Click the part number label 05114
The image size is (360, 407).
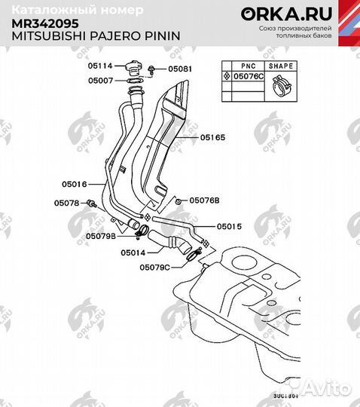(x=102, y=65)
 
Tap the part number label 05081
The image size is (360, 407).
(x=179, y=69)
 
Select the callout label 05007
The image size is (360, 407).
(x=102, y=80)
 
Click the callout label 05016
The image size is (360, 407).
(x=75, y=183)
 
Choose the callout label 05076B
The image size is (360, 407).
(x=204, y=200)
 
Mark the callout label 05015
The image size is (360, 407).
(x=229, y=226)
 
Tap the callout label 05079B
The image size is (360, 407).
(x=100, y=236)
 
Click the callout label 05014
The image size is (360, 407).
(x=133, y=252)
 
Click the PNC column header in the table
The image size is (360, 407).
(x=245, y=66)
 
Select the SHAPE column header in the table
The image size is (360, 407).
(x=282, y=66)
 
